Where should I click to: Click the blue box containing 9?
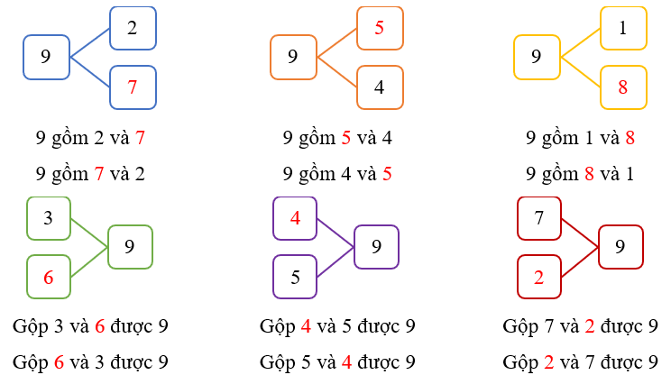click(x=46, y=57)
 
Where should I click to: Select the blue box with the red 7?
click(x=133, y=87)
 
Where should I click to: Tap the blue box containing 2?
click(x=133, y=28)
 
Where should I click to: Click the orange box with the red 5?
click(x=380, y=28)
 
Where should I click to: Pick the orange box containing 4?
click(x=380, y=87)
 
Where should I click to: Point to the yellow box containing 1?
click(x=623, y=28)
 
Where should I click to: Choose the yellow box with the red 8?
click(x=623, y=87)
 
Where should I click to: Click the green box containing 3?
click(x=49, y=218)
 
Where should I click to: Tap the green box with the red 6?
click(x=49, y=278)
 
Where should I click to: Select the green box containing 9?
click(x=130, y=247)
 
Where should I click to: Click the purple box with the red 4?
click(x=295, y=218)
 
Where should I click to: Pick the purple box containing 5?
click(x=295, y=278)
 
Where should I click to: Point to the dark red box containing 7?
click(x=539, y=218)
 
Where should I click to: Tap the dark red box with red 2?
click(x=539, y=278)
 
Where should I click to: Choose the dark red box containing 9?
click(x=620, y=247)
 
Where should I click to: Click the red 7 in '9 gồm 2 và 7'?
click(x=140, y=139)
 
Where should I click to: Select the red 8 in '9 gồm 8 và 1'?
click(x=589, y=173)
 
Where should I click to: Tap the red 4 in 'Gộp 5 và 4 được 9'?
click(x=346, y=362)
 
